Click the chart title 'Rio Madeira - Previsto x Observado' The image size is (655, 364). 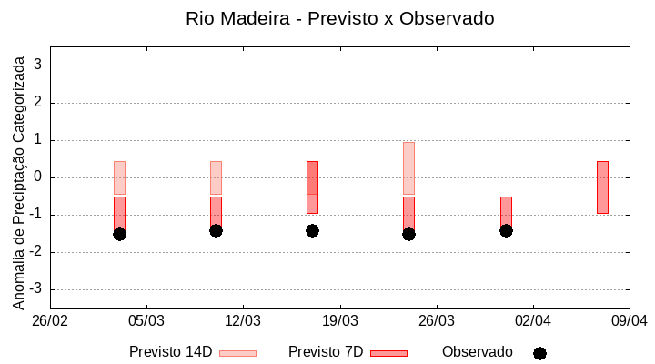pyautogui.click(x=339, y=18)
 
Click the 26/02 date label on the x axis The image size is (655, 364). pyautogui.click(x=50, y=321)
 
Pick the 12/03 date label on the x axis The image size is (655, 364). pyautogui.click(x=243, y=321)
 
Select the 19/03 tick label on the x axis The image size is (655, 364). pyautogui.click(x=339, y=321)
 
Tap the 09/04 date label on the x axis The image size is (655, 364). pyautogui.click(x=629, y=321)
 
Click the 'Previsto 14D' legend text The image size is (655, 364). pyautogui.click(x=170, y=352)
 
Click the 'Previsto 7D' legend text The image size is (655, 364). pyautogui.click(x=325, y=352)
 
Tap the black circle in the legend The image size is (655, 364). pyautogui.click(x=539, y=353)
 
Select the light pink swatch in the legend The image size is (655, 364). pyautogui.click(x=237, y=353)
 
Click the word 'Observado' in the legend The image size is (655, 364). pyautogui.click(x=477, y=352)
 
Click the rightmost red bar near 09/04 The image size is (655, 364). pyautogui.click(x=602, y=187)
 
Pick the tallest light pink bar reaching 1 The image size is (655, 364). pyautogui.click(x=408, y=168)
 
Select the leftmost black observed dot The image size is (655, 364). pyautogui.click(x=119, y=234)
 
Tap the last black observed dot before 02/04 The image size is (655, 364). pyautogui.click(x=506, y=230)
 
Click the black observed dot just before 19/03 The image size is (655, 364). pyautogui.click(x=312, y=230)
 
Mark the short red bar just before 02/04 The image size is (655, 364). pyautogui.click(x=506, y=211)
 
